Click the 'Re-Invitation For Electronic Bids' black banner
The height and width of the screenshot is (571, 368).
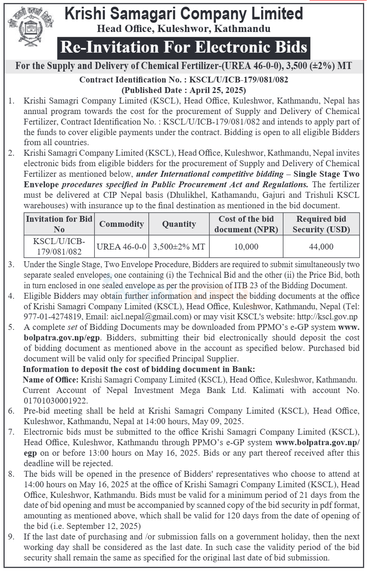point(184,47)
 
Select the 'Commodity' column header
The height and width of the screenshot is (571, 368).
point(122,224)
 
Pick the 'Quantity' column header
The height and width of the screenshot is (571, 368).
point(179,224)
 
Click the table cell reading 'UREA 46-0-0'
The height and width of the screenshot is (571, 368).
point(122,247)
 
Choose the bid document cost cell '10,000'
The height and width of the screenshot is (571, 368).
point(246,247)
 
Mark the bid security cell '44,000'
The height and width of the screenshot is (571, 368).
point(321,247)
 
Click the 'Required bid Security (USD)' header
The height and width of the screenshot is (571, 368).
point(321,224)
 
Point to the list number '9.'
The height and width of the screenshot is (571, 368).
point(12,537)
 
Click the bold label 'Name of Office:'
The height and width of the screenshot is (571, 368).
point(50,380)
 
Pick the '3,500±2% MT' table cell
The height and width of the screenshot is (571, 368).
point(179,247)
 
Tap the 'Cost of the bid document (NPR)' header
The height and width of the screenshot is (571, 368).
point(246,224)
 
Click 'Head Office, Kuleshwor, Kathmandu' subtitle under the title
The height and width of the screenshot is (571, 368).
point(184,29)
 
